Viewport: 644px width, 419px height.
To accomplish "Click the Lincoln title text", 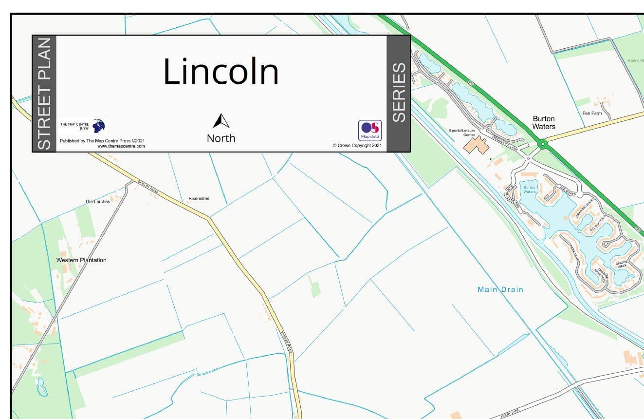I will (x=221, y=72).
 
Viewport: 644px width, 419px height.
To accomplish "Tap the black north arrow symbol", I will (x=221, y=121).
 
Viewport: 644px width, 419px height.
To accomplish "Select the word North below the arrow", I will (x=221, y=138).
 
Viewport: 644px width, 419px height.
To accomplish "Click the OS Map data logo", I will (x=370, y=131).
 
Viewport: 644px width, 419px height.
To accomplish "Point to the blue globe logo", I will (x=98, y=126).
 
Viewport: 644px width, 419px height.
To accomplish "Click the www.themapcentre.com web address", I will (x=121, y=146).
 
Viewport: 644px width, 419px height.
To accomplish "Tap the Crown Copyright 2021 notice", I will (x=357, y=146).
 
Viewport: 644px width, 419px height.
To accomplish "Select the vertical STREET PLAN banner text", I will (x=44, y=94).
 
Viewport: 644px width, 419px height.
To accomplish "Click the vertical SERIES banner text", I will (x=399, y=93).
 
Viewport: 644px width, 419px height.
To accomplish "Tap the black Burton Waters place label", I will (x=544, y=122).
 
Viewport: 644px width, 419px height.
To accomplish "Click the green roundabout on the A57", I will (x=542, y=143).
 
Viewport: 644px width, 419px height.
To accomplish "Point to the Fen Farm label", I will (x=592, y=114).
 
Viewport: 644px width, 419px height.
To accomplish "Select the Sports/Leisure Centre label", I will (x=462, y=133).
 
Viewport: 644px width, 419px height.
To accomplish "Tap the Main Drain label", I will (x=500, y=289).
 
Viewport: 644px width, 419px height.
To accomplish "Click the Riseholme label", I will (x=199, y=199).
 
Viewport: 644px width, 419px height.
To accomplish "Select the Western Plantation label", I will (x=81, y=260).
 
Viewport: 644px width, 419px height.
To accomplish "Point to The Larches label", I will (x=97, y=202).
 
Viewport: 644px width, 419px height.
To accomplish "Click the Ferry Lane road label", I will (x=511, y=414).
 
